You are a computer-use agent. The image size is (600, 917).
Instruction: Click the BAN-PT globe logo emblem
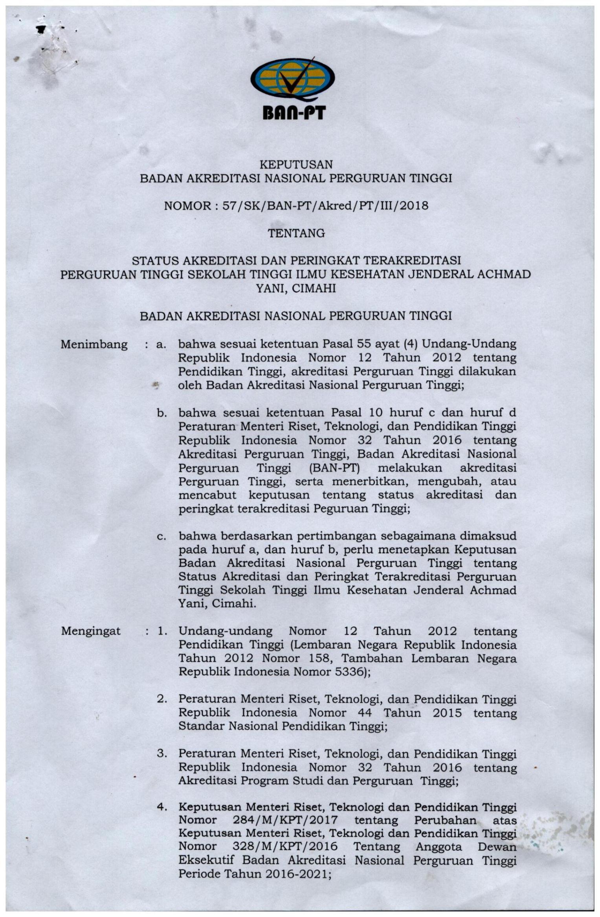pyautogui.click(x=292, y=81)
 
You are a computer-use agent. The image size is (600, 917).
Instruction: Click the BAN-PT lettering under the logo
pyautogui.click(x=294, y=113)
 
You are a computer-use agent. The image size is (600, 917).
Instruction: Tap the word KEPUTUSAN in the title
pyautogui.click(x=296, y=164)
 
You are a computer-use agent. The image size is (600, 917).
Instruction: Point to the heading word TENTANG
pyautogui.click(x=296, y=233)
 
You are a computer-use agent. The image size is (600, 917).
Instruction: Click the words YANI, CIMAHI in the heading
pyautogui.click(x=296, y=289)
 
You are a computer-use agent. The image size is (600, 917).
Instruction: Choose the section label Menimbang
pyautogui.click(x=94, y=345)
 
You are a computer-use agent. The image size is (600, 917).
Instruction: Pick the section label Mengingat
pyautogui.click(x=91, y=631)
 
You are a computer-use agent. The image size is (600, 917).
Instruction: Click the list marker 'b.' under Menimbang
pyautogui.click(x=161, y=413)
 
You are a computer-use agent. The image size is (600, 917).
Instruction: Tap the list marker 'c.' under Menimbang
pyautogui.click(x=161, y=536)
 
